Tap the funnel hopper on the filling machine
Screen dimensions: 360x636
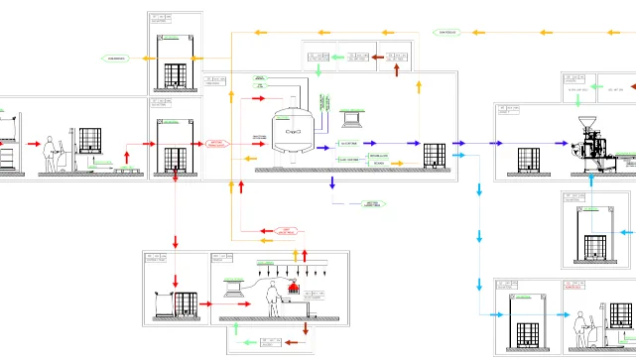tap(588, 125)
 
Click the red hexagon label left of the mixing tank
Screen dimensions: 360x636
tap(217, 144)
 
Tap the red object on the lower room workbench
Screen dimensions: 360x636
tap(294, 287)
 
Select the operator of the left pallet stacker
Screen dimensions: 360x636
tap(50, 154)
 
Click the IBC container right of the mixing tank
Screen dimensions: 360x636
tap(434, 156)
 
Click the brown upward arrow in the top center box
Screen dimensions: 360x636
tap(397, 69)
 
